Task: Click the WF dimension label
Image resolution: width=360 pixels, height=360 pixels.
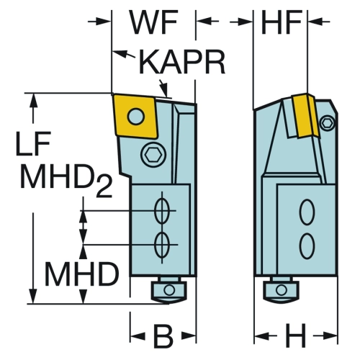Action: pos(154,22)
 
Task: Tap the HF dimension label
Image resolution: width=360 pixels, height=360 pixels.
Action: pos(282,22)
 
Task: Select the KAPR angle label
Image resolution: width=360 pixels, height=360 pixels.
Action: pos(182,62)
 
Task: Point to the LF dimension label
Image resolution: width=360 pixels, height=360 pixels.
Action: pos(33,143)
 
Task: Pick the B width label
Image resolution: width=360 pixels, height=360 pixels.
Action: pos(163,336)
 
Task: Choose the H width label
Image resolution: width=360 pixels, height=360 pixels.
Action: pos(296,336)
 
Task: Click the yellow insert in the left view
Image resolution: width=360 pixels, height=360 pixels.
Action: pos(135,117)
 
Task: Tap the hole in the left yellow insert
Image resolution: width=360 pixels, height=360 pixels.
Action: pos(136,117)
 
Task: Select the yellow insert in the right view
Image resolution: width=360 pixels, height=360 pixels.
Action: pos(305,116)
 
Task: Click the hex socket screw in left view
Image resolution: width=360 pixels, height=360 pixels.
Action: pos(152,155)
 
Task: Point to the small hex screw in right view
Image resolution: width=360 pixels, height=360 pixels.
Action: pos(328,123)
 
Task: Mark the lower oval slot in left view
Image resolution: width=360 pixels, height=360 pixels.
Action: pos(162,245)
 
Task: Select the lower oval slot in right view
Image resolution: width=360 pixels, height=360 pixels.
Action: pos(307,246)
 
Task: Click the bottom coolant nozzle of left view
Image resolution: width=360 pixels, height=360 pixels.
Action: pos(168,291)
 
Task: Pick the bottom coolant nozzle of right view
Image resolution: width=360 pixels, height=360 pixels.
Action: pos(281,291)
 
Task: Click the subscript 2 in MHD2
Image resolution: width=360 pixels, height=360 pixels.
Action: pos(104,186)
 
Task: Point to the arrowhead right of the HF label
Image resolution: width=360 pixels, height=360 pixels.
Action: pos(314,22)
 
